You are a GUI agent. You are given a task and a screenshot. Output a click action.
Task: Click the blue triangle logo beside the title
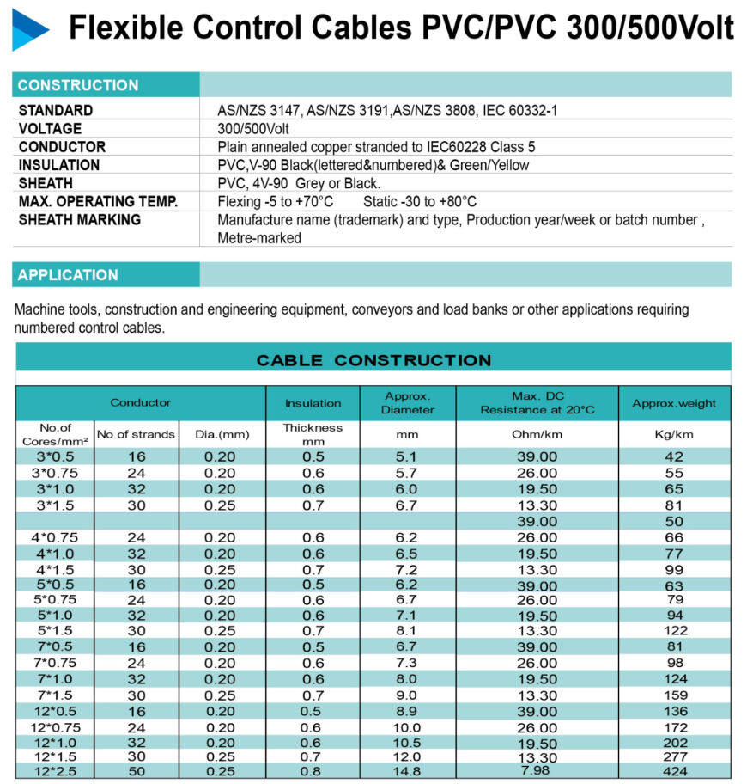(x=30, y=30)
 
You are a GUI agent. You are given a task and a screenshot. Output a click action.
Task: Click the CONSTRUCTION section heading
(x=78, y=85)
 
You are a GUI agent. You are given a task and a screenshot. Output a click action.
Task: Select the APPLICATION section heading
(x=68, y=275)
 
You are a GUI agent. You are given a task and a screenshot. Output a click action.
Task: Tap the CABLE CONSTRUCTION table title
(x=373, y=360)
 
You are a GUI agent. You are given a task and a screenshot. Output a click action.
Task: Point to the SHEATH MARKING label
(x=79, y=220)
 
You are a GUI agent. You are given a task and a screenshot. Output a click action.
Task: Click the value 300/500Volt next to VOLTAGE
(x=253, y=129)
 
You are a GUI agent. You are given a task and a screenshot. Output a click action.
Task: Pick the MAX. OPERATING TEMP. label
(x=98, y=202)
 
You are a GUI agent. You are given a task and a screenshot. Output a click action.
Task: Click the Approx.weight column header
(x=674, y=403)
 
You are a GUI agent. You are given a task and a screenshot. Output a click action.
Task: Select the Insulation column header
(x=313, y=403)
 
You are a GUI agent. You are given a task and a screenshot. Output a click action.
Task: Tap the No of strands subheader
(x=136, y=434)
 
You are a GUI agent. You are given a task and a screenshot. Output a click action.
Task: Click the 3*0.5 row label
(x=53, y=457)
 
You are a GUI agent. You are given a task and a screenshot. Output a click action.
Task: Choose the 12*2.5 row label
(x=53, y=771)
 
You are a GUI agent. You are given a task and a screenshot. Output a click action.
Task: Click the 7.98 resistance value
(x=537, y=770)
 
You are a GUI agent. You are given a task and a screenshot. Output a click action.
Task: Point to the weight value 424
(x=674, y=771)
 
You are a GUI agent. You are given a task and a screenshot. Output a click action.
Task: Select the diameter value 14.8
(x=408, y=771)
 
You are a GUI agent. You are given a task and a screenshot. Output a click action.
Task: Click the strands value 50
(x=137, y=771)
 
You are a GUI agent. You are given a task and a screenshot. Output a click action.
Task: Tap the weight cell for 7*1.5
(x=674, y=695)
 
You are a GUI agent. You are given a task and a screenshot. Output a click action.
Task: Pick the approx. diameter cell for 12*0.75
(x=408, y=727)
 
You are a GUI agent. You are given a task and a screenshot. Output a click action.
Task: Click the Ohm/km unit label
(x=537, y=435)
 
